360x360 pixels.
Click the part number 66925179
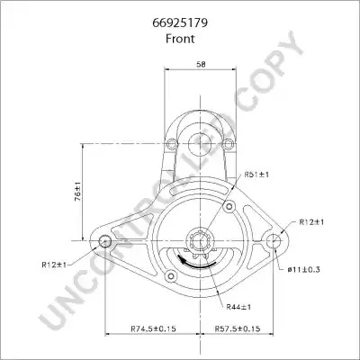point(180,23)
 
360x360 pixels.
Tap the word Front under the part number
point(180,39)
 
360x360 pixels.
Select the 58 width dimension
point(201,64)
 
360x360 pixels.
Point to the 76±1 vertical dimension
point(78,191)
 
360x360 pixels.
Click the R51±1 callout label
point(256,175)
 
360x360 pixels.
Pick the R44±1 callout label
point(238,307)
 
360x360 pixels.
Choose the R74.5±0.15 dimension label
point(153,328)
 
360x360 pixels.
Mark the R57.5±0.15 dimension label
point(238,328)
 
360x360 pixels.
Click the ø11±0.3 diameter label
point(303,269)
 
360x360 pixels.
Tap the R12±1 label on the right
point(311,222)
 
